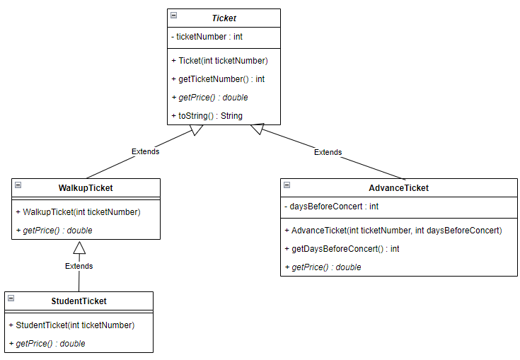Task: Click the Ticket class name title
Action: [x=224, y=18]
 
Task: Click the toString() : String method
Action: [x=207, y=115]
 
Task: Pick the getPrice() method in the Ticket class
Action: [x=209, y=98]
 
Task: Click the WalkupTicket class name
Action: [x=86, y=188]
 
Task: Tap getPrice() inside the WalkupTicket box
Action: [x=54, y=230]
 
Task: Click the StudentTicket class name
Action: [x=79, y=301]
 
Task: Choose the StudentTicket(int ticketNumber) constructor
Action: [x=71, y=325]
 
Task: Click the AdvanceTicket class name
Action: [x=398, y=188]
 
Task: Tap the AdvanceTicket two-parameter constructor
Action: [x=393, y=230]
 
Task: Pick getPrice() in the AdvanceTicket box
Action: [x=323, y=267]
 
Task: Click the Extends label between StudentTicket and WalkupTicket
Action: [x=79, y=267]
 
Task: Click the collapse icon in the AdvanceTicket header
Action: [x=287, y=185]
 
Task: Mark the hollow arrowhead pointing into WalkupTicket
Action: [x=79, y=247]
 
